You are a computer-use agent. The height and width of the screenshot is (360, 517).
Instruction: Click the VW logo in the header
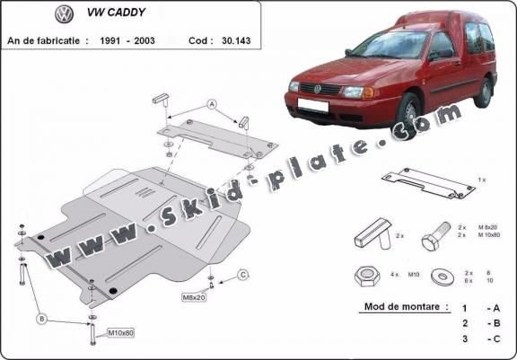coord(64,14)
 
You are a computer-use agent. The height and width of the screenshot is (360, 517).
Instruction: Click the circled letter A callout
coord(213,105)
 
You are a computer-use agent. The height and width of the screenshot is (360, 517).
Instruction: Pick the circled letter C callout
coord(242,274)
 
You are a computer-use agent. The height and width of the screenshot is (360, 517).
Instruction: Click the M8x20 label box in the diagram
coord(195,296)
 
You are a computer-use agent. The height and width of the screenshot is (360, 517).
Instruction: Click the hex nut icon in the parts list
coord(366,276)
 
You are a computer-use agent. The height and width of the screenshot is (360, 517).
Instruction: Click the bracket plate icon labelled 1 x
coord(427,182)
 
